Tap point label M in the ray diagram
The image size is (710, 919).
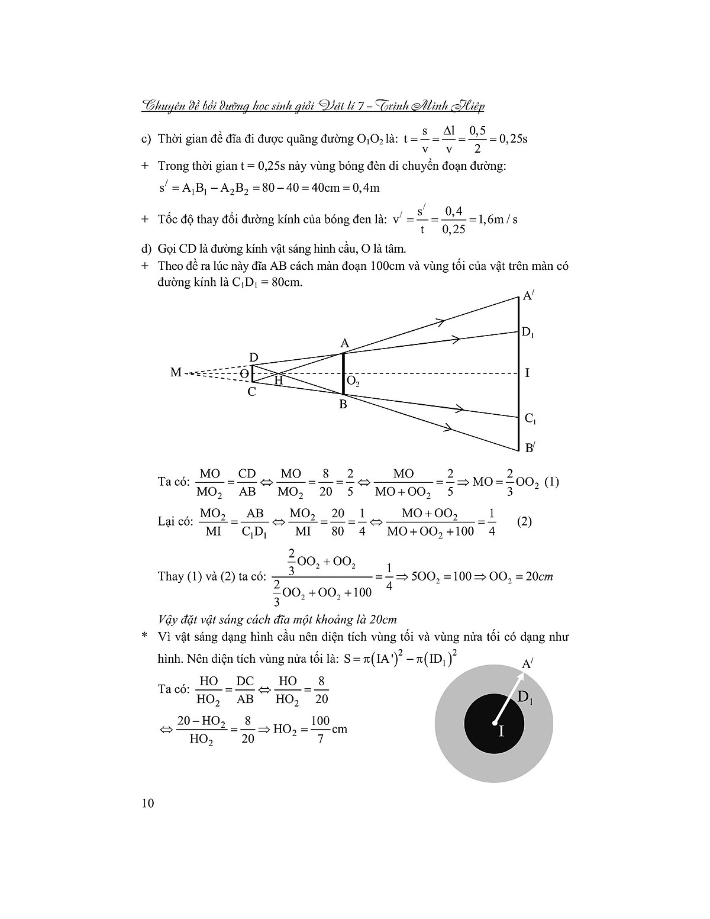pyautogui.click(x=176, y=373)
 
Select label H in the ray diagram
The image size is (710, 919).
pyautogui.click(x=279, y=381)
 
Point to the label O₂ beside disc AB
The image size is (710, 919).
pyautogui.click(x=353, y=382)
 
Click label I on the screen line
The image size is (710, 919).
pyautogui.click(x=527, y=373)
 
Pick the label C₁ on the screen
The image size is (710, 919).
pyautogui.click(x=531, y=419)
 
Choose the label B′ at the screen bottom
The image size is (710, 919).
pyautogui.click(x=530, y=448)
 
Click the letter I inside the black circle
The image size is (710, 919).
pyautogui.click(x=501, y=731)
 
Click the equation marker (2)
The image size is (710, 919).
pyautogui.click(x=524, y=522)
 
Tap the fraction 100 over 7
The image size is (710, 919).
pyautogui.click(x=319, y=729)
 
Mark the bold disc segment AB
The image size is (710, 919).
pyautogui.click(x=343, y=374)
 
